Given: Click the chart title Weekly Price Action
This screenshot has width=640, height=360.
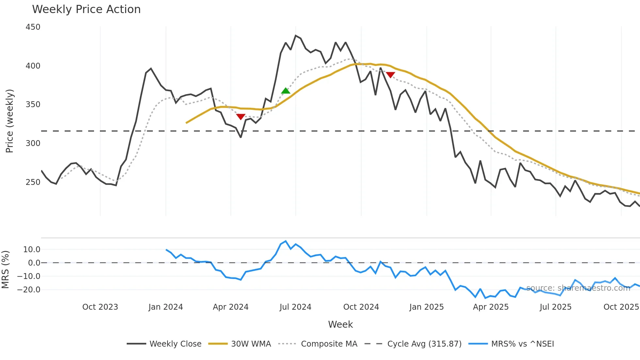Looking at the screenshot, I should pos(86,9).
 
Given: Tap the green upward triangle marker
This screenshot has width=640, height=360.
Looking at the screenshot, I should pos(286,91).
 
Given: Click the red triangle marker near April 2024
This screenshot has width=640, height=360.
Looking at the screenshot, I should pos(241,117).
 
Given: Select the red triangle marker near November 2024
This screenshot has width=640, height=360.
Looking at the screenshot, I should pos(391,75).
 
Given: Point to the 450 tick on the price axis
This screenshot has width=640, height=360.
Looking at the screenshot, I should pos(33,27).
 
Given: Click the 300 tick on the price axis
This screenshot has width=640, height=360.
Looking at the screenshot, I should pos(33,143).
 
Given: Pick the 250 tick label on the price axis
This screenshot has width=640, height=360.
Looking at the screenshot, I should pos(33,182).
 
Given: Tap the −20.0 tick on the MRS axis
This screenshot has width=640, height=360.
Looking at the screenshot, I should pos(29,290).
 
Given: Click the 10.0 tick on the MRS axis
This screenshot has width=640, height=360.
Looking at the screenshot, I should pos(32,250).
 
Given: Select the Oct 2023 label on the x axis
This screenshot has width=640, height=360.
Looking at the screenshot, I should pos(100,307).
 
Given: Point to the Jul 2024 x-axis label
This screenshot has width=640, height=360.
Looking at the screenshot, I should pos(295,307).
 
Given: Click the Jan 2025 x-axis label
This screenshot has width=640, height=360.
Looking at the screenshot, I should pos(426,307).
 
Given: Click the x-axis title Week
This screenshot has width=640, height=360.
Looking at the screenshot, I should pos(340,324).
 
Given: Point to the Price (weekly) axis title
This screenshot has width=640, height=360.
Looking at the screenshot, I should pos(9,121).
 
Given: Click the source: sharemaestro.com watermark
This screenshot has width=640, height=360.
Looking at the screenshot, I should pos(578,288).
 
